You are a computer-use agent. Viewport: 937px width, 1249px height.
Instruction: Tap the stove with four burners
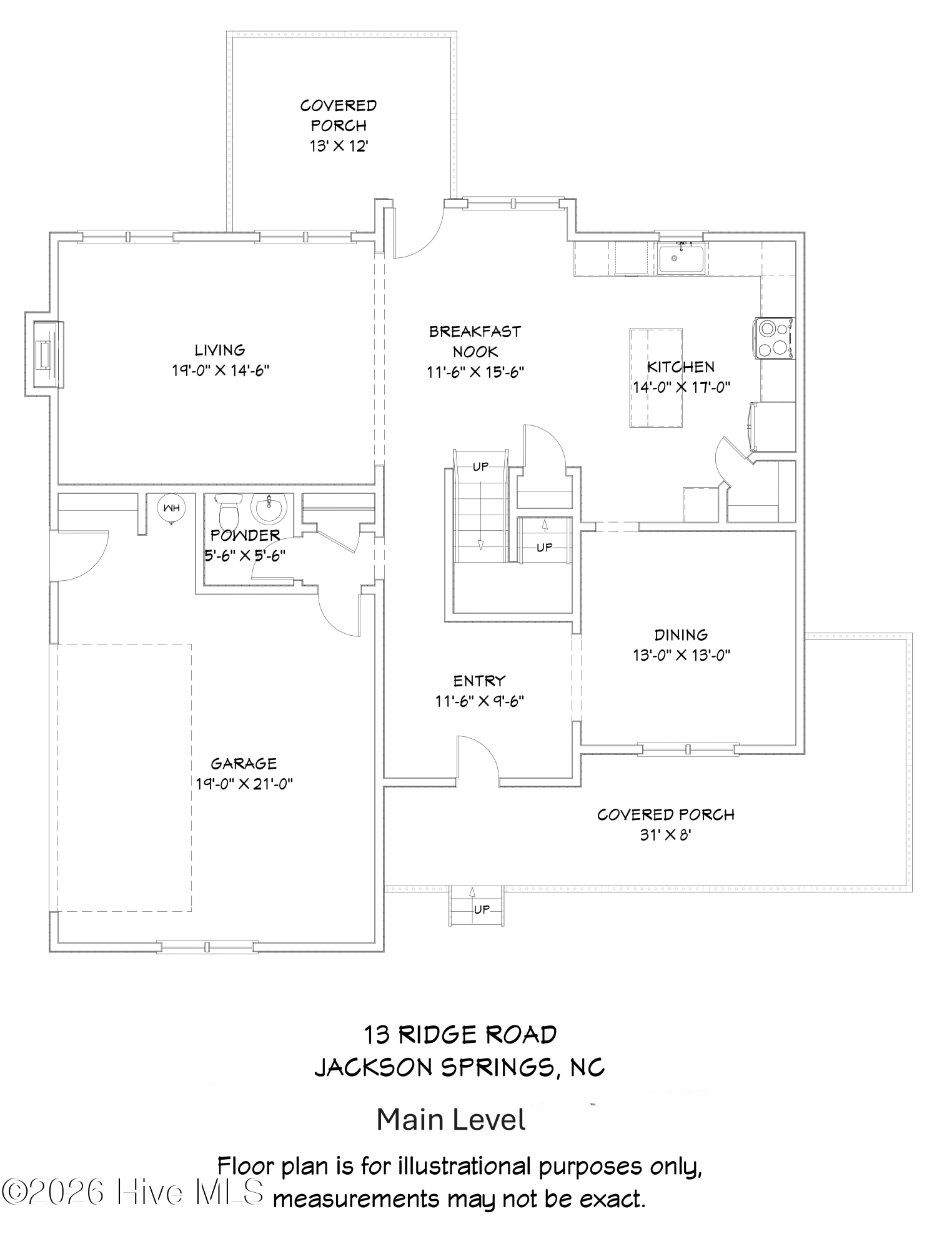coord(775,338)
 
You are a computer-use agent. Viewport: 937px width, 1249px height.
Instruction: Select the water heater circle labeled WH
coord(171,508)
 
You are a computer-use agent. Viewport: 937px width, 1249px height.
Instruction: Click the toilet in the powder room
coord(228,510)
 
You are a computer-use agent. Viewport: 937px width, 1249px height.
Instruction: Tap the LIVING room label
coord(220,350)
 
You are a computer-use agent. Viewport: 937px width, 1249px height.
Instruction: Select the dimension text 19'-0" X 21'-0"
coord(244,784)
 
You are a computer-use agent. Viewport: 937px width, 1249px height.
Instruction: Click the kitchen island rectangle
coord(655,378)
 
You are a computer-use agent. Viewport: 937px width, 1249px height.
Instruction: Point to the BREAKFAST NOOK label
coord(475,341)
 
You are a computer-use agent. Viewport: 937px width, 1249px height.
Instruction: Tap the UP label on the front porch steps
coord(481,910)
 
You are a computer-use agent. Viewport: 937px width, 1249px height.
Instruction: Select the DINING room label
coord(681,635)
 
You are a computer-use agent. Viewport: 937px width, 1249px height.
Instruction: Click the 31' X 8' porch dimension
coord(665,835)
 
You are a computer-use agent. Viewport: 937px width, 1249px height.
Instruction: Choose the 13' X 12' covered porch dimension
coord(338,146)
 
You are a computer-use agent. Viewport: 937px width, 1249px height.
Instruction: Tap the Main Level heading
coord(450,1120)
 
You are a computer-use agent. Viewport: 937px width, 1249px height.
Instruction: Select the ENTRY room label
coord(478,681)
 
